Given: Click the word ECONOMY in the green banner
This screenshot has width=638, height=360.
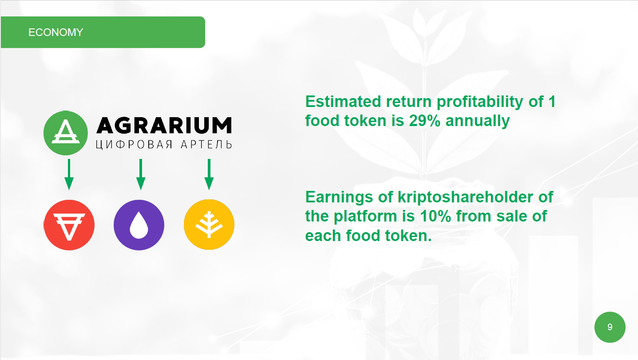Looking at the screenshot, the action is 55,32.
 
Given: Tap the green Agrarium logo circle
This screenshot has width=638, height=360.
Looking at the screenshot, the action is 66,133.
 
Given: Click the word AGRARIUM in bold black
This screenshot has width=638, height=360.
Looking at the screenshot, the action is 164,125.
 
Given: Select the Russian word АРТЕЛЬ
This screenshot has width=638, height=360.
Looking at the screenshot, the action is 206,145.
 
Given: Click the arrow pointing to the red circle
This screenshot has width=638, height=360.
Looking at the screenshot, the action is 69,174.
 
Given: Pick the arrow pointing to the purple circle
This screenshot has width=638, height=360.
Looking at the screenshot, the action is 141,174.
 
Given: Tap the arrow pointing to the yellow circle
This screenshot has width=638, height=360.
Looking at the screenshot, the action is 209,174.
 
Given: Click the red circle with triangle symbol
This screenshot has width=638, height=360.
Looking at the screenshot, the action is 69,225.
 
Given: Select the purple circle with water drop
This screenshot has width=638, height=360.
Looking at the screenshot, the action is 139,225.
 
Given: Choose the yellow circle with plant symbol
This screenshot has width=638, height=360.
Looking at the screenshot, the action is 209,225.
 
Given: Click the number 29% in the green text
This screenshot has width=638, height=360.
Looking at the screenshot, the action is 425,120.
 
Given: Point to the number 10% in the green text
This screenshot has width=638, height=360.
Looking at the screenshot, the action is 436,216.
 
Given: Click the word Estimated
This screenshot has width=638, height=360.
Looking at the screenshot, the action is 343,102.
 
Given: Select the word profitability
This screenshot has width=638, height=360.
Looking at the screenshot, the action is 480,102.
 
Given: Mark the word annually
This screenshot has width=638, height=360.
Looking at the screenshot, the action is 477,121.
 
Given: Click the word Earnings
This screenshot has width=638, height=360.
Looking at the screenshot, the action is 339,198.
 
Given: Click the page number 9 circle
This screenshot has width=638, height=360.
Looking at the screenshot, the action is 610,327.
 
